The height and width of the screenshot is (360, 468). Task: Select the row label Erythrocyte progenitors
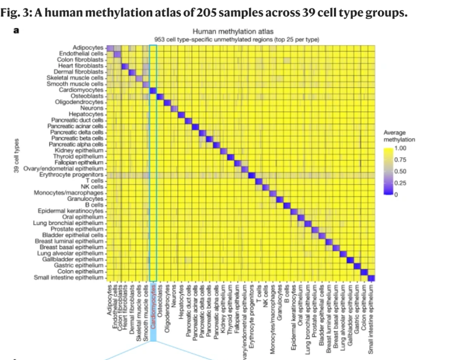(x=71, y=175)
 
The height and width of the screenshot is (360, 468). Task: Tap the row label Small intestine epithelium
(x=69, y=277)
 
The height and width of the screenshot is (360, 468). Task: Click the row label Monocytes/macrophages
(x=69, y=193)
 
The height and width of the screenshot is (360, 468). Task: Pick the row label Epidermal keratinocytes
(x=71, y=211)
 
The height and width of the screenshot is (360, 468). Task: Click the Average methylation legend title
(x=399, y=136)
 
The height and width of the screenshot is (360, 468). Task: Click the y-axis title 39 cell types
(x=17, y=156)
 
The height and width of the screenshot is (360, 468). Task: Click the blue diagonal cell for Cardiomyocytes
(x=153, y=90)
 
